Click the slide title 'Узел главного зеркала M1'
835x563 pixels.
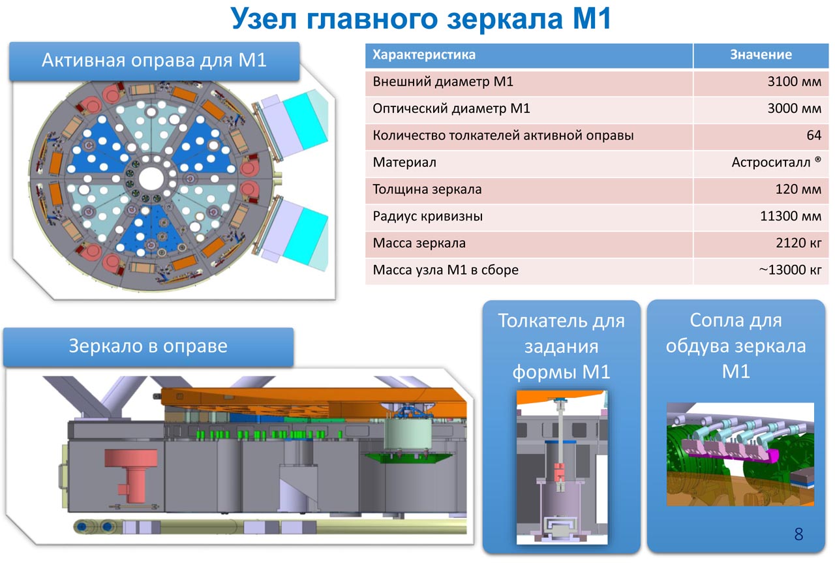421,20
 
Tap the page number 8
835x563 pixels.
798,535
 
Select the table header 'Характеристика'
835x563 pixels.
424,55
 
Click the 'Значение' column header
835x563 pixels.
760,55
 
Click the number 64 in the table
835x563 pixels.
813,136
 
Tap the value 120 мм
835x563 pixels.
798,190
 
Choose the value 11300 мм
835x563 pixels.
791,217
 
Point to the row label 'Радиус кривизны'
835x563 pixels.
428,217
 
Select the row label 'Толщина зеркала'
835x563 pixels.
427,190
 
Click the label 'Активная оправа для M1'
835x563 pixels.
154,61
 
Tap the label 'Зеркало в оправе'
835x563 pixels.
148,346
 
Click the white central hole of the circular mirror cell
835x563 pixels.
151,177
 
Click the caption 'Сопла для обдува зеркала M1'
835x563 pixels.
735,346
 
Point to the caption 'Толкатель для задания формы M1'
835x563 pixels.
561,346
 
